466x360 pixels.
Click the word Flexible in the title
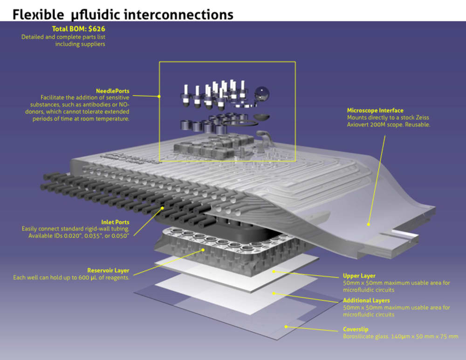[x=38, y=14]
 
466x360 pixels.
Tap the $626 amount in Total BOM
[x=97, y=29]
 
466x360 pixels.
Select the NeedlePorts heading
[x=113, y=91]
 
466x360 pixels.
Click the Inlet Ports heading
[x=115, y=222]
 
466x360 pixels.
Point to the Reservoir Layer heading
[x=108, y=270]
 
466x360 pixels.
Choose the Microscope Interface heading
[x=375, y=110]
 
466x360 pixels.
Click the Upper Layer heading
[x=359, y=276]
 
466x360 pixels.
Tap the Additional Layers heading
[x=366, y=300]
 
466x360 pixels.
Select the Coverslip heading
[x=356, y=329]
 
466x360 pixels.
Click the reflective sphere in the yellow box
[x=262, y=94]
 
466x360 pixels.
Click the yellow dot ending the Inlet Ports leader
[x=162, y=208]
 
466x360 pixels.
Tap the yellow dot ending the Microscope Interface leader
[x=368, y=224]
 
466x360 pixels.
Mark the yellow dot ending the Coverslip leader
[x=286, y=326]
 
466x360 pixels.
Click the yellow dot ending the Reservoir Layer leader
[x=203, y=250]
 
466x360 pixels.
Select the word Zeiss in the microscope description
[x=422, y=117]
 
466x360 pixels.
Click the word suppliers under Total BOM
[x=95, y=44]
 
